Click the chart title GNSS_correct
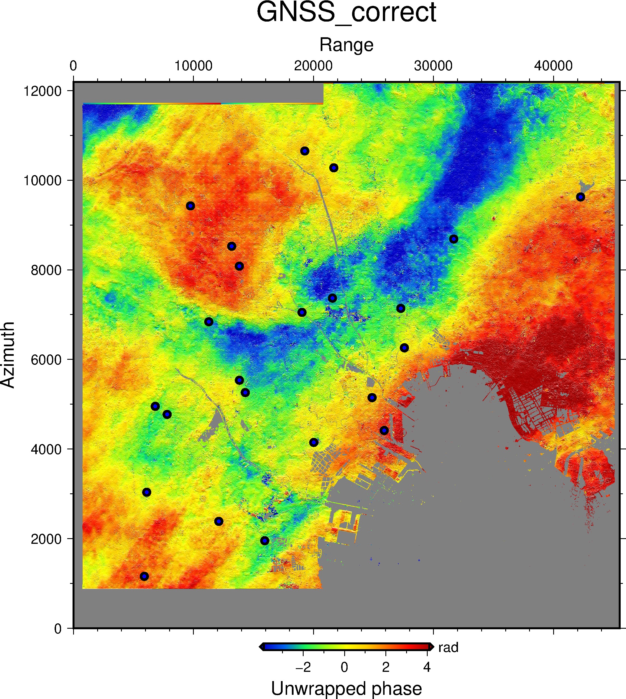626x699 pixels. tap(346, 12)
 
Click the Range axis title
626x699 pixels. tap(346, 45)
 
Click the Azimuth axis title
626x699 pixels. tap(8, 355)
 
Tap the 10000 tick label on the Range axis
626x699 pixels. tap(193, 66)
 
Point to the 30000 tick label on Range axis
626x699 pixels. tap(433, 66)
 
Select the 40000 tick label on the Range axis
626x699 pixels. tap(553, 66)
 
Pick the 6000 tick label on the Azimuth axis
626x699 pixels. tap(46, 359)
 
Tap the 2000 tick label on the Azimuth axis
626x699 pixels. tap(46, 539)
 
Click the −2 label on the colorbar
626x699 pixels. tap(303, 667)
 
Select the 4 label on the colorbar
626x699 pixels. tap(427, 667)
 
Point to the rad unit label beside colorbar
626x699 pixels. tap(448, 647)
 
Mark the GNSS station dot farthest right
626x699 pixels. tap(581, 197)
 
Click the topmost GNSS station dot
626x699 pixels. tap(305, 151)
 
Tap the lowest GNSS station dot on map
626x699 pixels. tap(145, 576)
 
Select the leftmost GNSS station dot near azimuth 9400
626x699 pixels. tap(190, 206)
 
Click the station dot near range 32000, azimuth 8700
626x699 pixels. tap(454, 239)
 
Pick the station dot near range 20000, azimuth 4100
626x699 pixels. tap(314, 442)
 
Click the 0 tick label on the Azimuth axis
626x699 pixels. tap(58, 628)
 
